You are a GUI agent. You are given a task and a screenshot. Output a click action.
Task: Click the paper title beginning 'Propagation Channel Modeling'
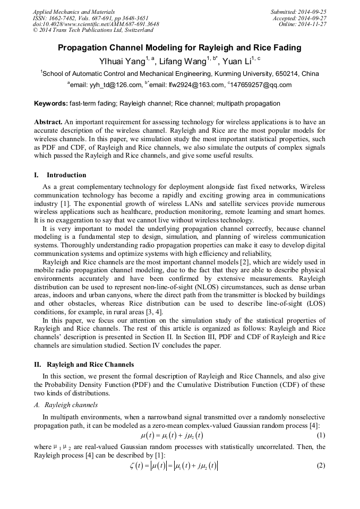(179, 48)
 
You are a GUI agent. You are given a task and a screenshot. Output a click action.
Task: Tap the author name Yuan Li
(237, 61)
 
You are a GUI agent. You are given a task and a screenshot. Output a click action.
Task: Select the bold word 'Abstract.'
(49, 122)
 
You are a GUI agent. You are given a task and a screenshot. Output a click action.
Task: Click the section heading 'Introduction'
(66, 175)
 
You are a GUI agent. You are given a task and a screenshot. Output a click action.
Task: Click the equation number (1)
(320, 436)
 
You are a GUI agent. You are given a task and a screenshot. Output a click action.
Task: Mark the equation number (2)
(320, 465)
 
